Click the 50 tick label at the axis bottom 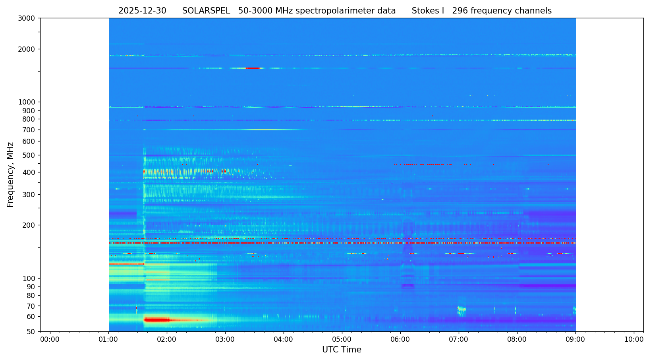[31, 331]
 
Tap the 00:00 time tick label [50, 339]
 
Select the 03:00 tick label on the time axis [225, 339]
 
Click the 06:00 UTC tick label [400, 339]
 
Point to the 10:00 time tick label [634, 339]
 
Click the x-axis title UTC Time [342, 350]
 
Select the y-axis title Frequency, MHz [11, 174]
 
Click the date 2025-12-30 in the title [142, 11]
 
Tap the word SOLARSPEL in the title [206, 11]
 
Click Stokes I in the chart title [428, 11]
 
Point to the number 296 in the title [460, 11]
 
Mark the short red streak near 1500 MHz [253, 68]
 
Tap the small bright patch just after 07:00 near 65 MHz [461, 309]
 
